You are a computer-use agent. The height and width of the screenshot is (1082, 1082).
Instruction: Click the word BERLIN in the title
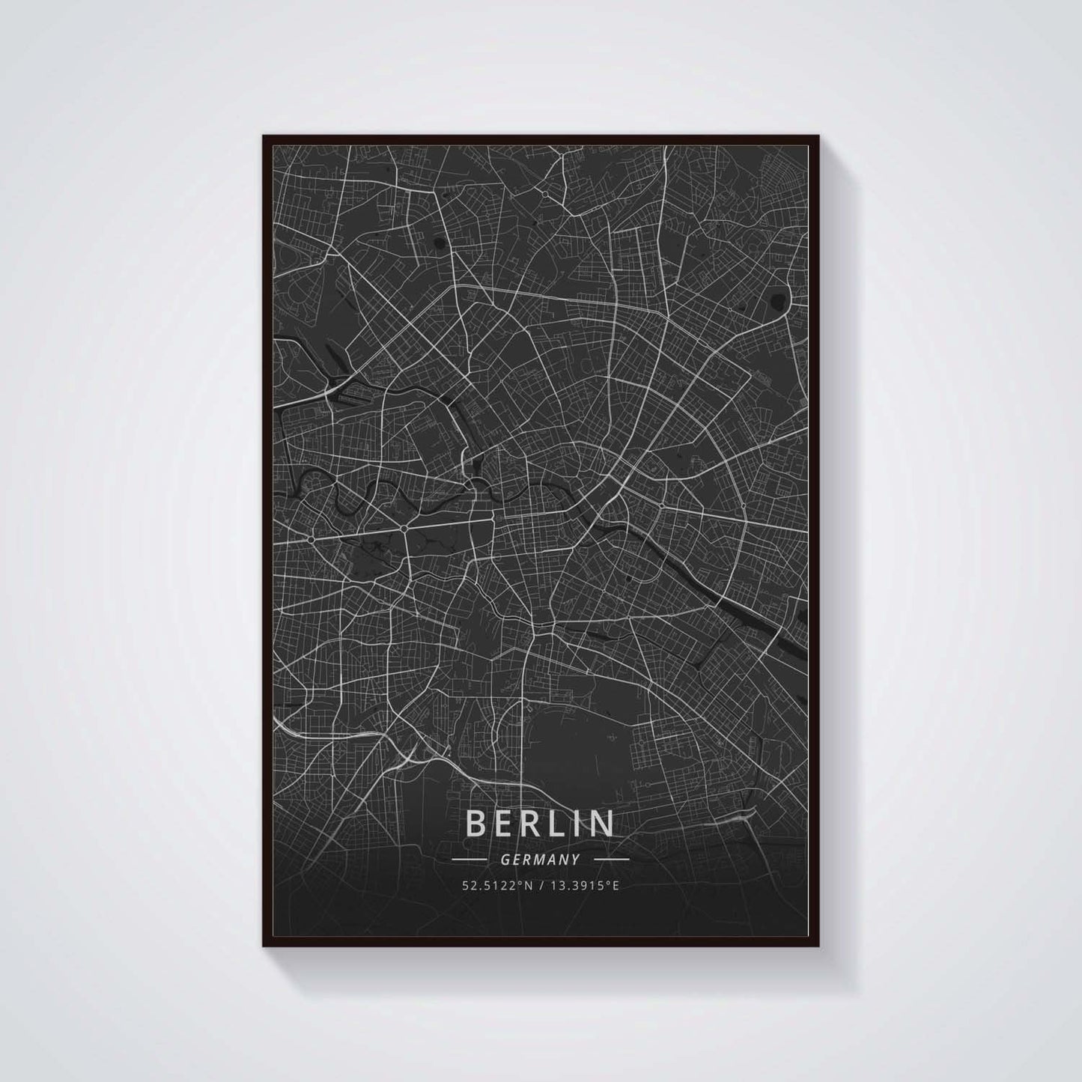[541, 823]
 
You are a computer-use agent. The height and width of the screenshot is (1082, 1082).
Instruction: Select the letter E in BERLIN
[502, 823]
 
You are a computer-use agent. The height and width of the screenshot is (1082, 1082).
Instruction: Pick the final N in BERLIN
[604, 823]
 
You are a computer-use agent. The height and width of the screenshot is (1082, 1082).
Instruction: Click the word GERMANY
[541, 860]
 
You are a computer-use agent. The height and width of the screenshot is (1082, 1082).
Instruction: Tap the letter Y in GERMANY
[577, 860]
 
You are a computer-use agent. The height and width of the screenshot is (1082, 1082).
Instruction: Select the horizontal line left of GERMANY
[470, 860]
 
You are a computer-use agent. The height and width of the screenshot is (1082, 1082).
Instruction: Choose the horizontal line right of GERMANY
[610, 860]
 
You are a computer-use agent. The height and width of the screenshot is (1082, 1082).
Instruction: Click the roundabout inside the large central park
[404, 529]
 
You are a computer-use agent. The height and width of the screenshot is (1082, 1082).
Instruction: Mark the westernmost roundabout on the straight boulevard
[310, 538]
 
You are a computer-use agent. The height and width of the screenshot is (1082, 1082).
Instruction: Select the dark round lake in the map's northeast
[778, 301]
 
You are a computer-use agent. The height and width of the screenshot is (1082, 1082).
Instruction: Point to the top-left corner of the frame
[264, 136]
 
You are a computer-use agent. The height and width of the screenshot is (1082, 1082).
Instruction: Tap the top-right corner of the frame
[818, 136]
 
